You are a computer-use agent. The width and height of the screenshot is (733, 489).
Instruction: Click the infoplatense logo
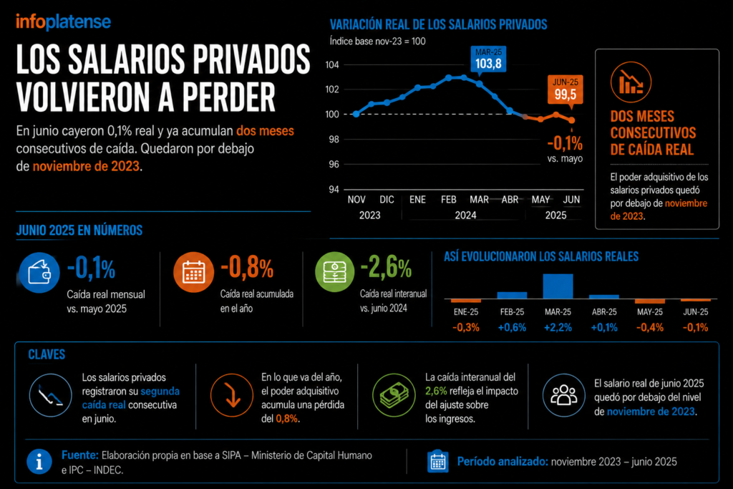[x=63, y=22]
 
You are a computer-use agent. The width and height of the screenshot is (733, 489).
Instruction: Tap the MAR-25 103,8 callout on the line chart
[x=488, y=59]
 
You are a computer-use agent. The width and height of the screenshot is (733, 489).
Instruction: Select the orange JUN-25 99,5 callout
[x=565, y=89]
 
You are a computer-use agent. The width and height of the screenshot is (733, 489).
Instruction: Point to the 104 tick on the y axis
[x=332, y=64]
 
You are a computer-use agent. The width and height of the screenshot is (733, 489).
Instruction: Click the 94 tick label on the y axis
[x=334, y=189]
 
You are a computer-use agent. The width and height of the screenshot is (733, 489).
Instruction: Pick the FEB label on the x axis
[x=448, y=200]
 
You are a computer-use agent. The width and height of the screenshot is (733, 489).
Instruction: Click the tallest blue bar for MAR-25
[x=558, y=286]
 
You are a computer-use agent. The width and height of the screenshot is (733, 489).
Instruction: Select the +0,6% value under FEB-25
[x=512, y=327]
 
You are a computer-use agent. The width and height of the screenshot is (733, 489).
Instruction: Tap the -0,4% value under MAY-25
[x=650, y=327]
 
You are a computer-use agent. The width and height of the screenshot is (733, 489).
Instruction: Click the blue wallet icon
[x=39, y=273]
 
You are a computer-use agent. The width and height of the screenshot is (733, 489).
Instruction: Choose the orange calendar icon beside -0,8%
[x=193, y=272]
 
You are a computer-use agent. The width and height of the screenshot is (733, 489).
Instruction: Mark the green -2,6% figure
[x=386, y=267]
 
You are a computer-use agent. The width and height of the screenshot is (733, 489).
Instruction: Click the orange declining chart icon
[x=631, y=82]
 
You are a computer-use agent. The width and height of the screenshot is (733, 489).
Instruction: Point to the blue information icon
[x=39, y=461]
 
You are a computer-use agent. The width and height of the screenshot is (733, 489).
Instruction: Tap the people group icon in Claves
[x=564, y=395]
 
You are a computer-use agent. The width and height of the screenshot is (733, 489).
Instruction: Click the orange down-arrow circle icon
[x=232, y=395]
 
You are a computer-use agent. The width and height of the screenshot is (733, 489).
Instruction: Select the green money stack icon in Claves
[x=394, y=395]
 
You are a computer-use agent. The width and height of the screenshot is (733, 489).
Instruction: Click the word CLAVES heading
[x=47, y=354]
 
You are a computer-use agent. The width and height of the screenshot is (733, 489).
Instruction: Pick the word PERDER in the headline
[x=228, y=97]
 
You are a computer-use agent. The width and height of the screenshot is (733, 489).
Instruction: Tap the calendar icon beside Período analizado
[x=438, y=461]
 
